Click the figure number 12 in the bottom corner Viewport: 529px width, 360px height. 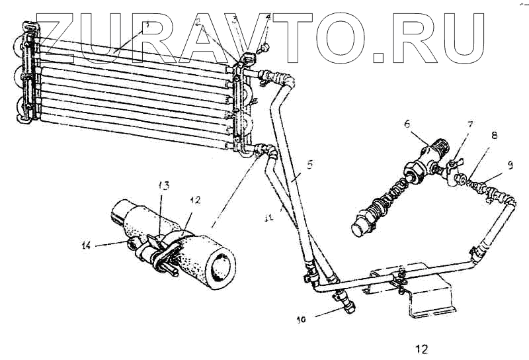click(422, 348)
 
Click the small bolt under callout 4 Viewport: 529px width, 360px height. click(264, 48)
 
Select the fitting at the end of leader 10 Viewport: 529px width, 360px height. click(345, 303)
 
